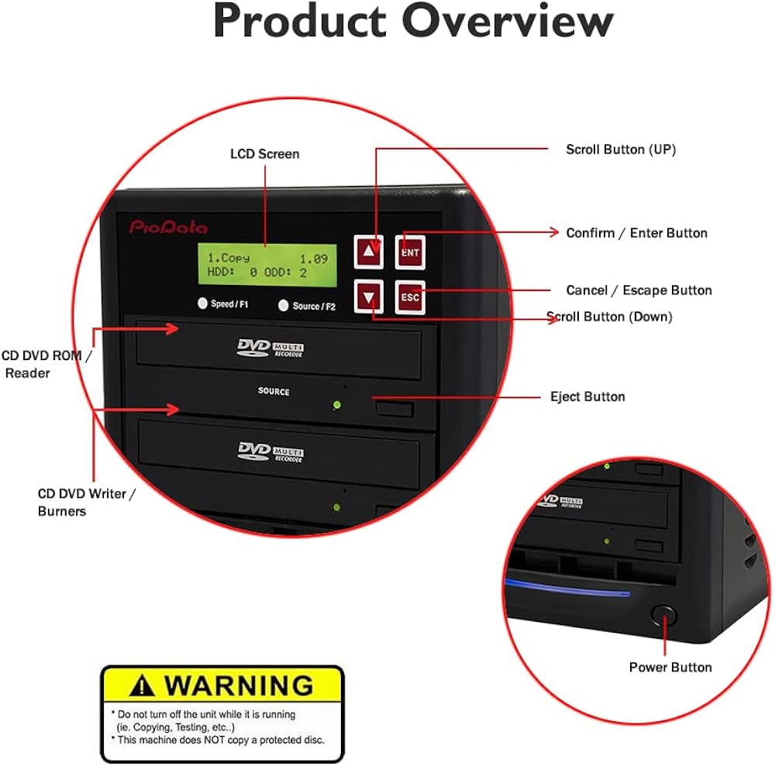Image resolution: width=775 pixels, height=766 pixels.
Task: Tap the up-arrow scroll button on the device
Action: (370, 251)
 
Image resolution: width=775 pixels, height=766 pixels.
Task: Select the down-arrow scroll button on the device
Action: (370, 296)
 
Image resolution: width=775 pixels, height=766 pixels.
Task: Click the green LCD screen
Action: (267, 265)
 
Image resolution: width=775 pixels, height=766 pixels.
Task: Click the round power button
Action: (663, 616)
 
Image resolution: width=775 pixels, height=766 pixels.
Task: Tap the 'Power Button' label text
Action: (670, 667)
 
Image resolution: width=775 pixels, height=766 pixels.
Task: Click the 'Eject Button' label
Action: (587, 397)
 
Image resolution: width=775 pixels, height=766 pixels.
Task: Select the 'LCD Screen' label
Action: (264, 154)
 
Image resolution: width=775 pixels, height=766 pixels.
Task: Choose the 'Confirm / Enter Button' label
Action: (636, 232)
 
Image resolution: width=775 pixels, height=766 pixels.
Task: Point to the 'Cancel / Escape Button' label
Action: (639, 290)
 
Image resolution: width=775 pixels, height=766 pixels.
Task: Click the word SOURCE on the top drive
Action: (274, 391)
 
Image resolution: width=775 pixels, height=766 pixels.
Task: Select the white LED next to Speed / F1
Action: (203, 304)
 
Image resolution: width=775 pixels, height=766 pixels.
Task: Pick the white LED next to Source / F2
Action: (284, 305)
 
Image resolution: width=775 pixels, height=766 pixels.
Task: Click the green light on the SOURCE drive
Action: (336, 404)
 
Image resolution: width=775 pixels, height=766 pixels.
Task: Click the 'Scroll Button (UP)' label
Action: (620, 149)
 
